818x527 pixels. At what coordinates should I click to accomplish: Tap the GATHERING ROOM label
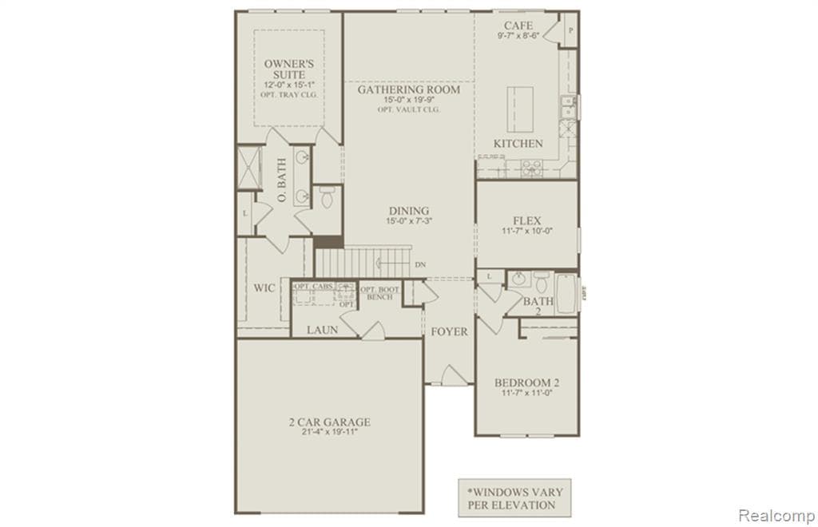coord(408,89)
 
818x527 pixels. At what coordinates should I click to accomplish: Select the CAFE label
coord(518,26)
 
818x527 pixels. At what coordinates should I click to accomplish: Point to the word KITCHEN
coord(518,144)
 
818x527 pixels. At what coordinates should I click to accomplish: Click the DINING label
coord(408,211)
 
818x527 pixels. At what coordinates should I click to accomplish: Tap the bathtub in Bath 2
coord(566,293)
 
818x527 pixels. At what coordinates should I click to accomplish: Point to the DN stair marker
coord(420,264)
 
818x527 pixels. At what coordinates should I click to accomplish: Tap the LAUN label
coord(323,329)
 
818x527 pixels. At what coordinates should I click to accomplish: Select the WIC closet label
coord(265,287)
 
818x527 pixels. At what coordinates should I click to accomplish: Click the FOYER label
coord(449,331)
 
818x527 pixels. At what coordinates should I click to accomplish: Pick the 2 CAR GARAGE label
coord(329,422)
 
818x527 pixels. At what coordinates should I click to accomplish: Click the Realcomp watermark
coord(776,515)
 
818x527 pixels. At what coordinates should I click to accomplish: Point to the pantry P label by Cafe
coord(571,30)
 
